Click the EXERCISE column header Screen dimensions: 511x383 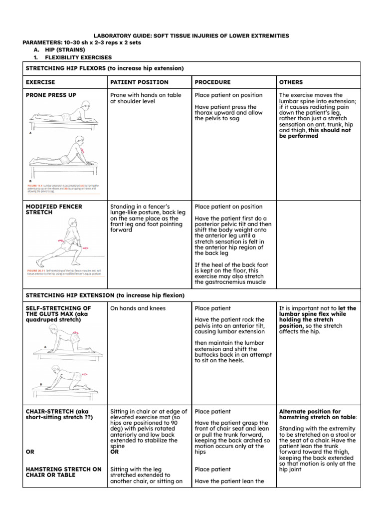[40, 82]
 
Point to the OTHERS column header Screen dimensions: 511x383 [291, 82]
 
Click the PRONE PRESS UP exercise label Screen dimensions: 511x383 [51, 95]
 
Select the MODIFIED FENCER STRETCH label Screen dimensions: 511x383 [54, 209]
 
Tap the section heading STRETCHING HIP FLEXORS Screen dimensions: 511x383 [104, 68]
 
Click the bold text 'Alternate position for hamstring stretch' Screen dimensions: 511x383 [317, 415]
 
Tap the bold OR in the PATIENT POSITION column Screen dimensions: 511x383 [114, 452]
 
